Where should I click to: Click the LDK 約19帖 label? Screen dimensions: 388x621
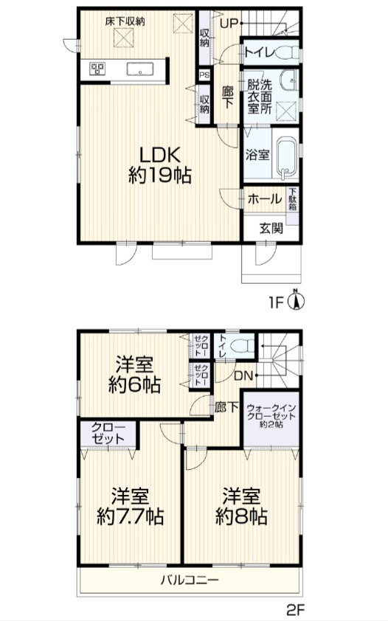click(x=160, y=165)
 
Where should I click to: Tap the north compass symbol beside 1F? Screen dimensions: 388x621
click(x=296, y=300)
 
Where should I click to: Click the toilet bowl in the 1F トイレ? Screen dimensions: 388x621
click(x=288, y=52)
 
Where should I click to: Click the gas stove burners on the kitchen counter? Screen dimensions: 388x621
click(x=97, y=69)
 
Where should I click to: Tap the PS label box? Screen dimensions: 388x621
click(x=204, y=74)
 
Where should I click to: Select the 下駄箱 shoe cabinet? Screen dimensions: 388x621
click(x=293, y=205)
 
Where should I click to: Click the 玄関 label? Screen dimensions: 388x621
click(x=271, y=228)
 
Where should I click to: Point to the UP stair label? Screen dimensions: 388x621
click(x=229, y=24)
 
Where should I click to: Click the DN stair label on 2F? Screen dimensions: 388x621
click(x=243, y=375)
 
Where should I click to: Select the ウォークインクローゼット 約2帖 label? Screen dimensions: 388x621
click(x=271, y=416)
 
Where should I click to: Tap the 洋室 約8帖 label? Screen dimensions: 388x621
click(x=241, y=506)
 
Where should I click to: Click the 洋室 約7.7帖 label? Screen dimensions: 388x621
click(x=131, y=506)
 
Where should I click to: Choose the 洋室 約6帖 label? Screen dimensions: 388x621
click(x=134, y=374)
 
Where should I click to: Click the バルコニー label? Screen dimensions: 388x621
click(x=190, y=580)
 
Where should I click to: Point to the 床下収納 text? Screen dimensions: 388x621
click(x=125, y=21)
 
